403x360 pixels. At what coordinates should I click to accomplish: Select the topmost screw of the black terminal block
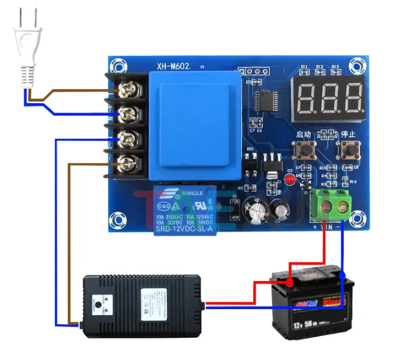point(127,90)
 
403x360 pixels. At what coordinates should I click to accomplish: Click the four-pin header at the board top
point(252,71)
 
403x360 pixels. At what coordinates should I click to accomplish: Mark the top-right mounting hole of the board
point(358,65)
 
